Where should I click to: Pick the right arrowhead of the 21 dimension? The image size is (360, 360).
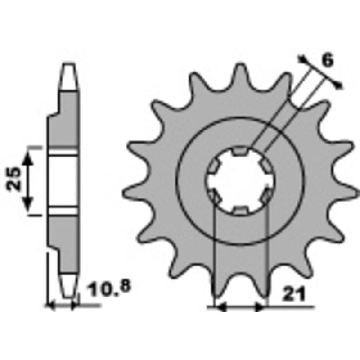261,308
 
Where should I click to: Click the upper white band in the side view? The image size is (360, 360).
63,151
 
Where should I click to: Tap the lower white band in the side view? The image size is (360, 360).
63,211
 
